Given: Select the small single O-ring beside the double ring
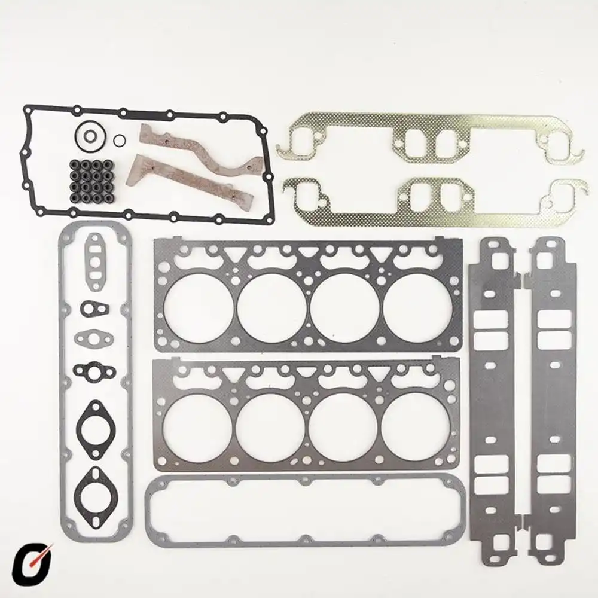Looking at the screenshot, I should coord(120,140).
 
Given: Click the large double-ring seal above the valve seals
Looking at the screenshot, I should coord(90,136).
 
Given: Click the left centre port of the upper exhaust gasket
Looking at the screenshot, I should coord(417,144).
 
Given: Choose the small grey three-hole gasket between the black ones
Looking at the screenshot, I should coord(94,339).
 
